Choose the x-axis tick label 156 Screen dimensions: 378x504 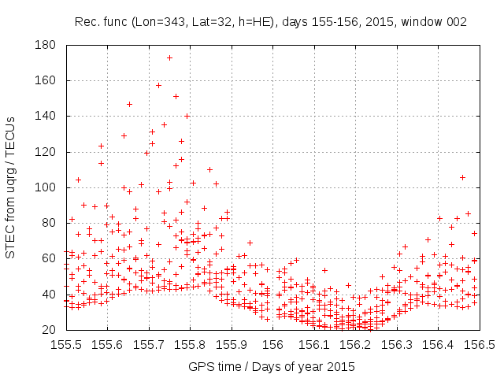click(x=272, y=344)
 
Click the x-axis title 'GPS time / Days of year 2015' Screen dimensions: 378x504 click(x=272, y=366)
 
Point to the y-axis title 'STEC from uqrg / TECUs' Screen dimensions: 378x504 click(x=11, y=187)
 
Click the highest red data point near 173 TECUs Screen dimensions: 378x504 click(x=169, y=57)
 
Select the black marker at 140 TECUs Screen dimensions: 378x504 click(x=187, y=116)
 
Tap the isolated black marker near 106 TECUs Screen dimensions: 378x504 click(x=462, y=177)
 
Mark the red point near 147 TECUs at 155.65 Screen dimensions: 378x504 click(x=129, y=104)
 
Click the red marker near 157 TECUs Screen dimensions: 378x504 click(x=158, y=85)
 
